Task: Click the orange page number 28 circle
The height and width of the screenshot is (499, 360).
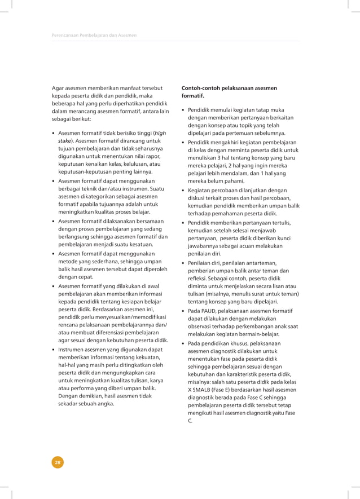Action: (58, 462)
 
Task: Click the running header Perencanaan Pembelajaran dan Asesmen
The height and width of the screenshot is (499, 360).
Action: (94, 36)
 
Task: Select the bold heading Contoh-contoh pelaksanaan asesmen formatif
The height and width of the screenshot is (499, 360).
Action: (229, 92)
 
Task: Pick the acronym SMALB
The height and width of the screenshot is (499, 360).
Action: (205, 390)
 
